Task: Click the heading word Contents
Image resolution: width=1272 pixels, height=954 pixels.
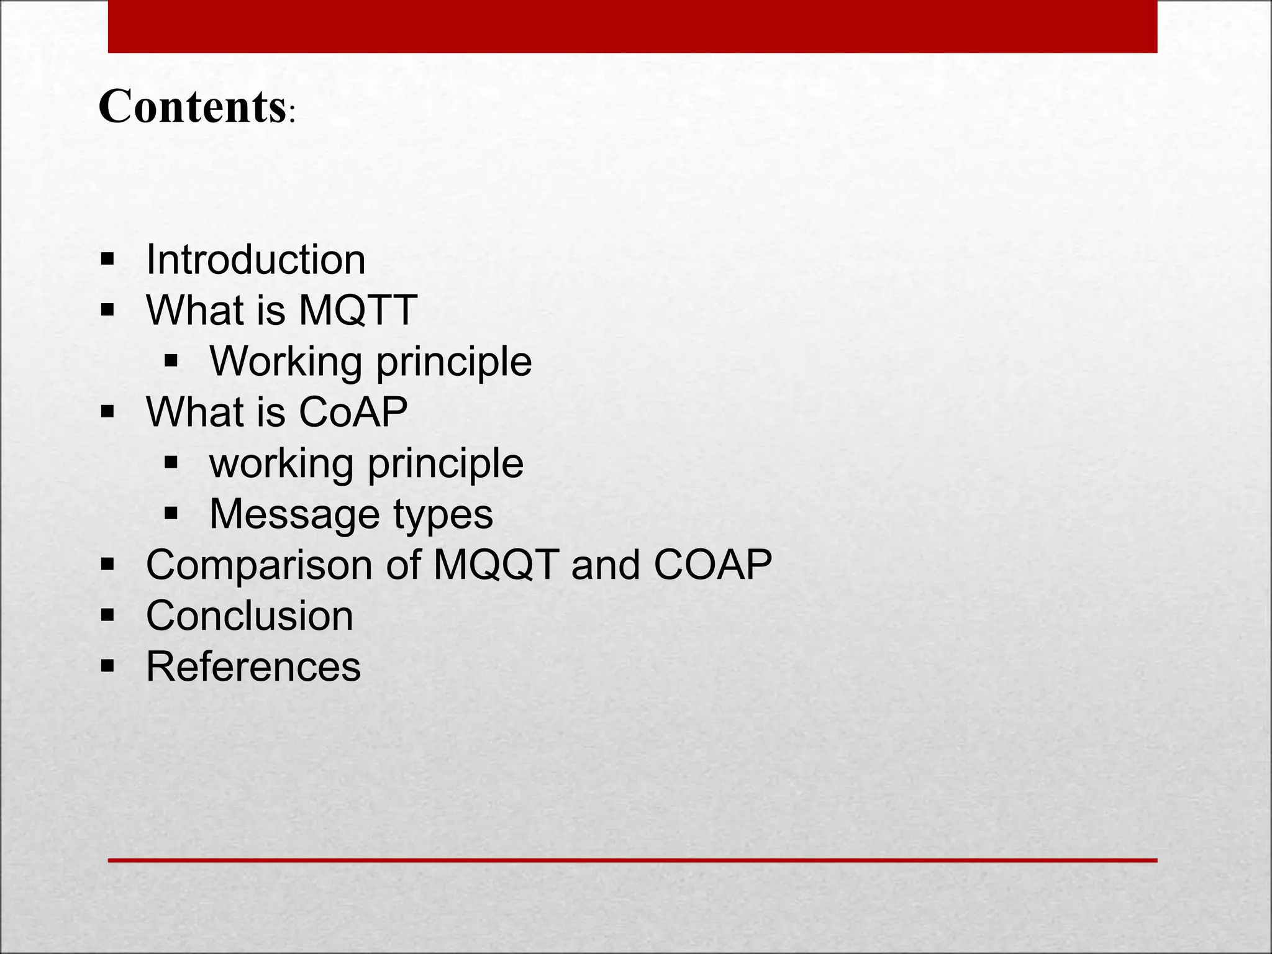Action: [191, 106]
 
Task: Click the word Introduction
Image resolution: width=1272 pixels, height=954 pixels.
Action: [255, 259]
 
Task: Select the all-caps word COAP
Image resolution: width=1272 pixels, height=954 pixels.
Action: [712, 565]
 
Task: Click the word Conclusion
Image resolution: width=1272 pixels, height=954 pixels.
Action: [249, 616]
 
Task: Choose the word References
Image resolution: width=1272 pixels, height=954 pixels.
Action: [253, 666]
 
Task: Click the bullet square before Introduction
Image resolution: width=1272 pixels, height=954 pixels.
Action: [107, 258]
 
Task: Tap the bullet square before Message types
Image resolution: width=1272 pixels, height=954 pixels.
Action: [171, 513]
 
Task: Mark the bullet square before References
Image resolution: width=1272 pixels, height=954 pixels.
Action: [107, 666]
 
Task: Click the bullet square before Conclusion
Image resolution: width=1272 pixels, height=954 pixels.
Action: [107, 616]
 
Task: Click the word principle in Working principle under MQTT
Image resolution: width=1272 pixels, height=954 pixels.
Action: [454, 362]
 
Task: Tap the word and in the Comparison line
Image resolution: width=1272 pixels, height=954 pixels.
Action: [605, 565]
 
